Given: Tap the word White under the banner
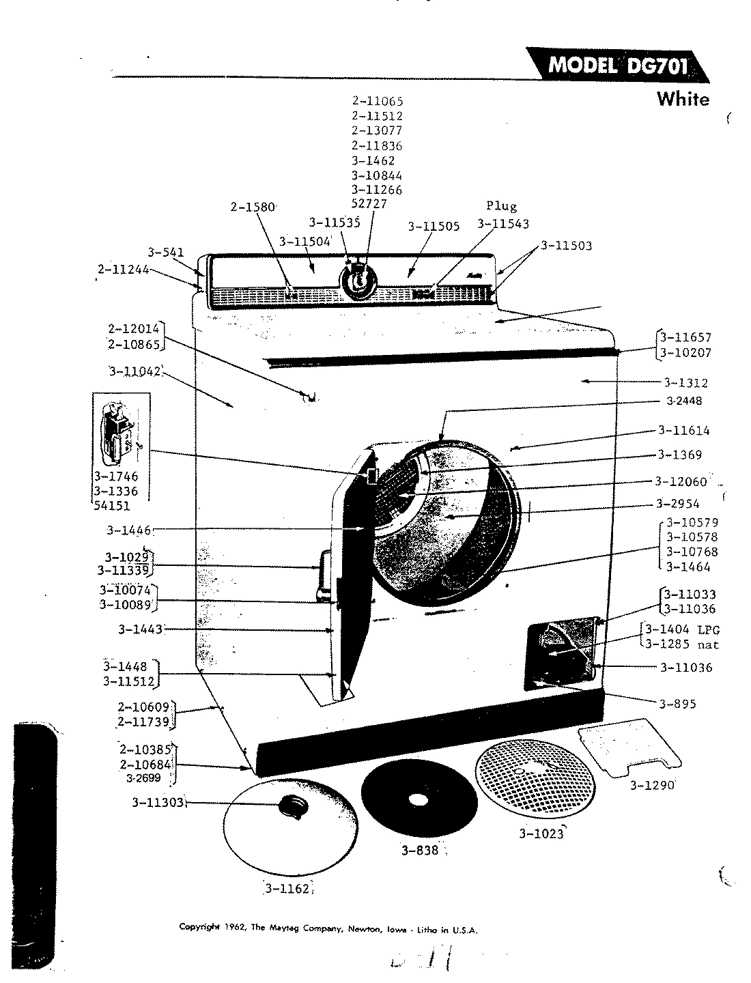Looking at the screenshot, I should click(x=682, y=100).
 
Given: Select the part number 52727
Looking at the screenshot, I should click(x=369, y=205).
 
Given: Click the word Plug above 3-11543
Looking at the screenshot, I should click(x=501, y=206).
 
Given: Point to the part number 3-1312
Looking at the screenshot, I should click(x=685, y=383).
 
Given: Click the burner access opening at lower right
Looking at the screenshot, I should click(x=561, y=653).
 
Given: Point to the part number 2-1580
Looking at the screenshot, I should click(x=252, y=207).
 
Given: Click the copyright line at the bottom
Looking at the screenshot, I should click(x=328, y=929).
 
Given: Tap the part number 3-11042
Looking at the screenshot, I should click(x=134, y=372).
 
